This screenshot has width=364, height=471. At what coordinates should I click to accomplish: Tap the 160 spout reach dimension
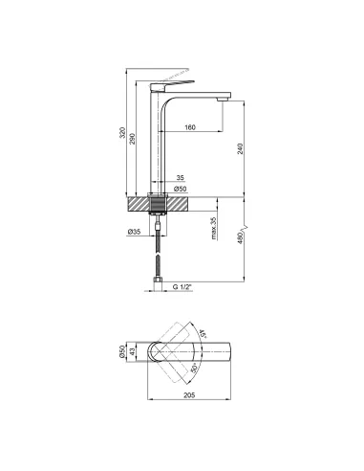click(x=191, y=127)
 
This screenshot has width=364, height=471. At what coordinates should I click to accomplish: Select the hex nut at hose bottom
click(x=160, y=279)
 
